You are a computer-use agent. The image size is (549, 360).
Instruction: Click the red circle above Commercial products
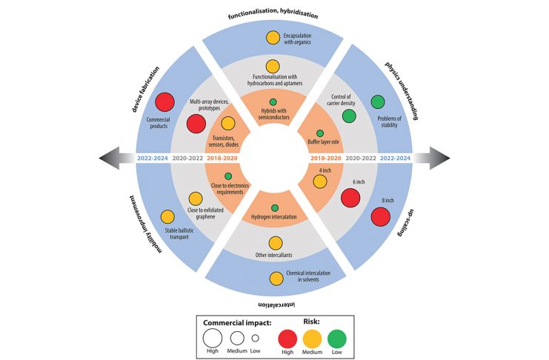click(165, 102)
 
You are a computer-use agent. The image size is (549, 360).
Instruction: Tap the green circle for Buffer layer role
click(320, 133)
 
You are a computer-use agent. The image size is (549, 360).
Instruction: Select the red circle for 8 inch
click(381, 217)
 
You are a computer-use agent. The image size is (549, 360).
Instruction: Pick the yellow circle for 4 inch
click(320, 181)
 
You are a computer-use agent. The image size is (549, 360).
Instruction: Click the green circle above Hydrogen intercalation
click(275, 208)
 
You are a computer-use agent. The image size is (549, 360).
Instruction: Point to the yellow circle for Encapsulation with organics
click(273, 38)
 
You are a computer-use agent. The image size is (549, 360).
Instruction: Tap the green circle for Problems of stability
click(378, 102)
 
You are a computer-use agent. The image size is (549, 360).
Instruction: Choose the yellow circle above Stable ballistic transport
click(167, 217)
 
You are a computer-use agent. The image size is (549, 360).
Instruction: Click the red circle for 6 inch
click(350, 198)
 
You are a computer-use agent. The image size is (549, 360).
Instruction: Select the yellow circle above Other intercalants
click(276, 244)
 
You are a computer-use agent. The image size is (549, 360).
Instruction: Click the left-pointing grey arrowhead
click(109, 158)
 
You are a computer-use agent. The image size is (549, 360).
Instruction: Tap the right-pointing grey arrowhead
click(440, 158)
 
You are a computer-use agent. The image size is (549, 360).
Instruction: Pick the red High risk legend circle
click(287, 339)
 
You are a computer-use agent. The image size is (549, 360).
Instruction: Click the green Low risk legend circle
click(337, 339)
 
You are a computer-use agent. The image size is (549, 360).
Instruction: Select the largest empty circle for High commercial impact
click(213, 339)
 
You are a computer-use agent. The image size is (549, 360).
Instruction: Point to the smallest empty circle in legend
click(256, 339)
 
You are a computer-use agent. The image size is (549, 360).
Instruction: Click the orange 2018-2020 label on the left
click(222, 159)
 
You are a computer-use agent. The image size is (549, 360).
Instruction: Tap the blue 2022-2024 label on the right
click(395, 159)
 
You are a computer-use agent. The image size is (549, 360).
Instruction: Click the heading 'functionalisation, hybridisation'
click(273, 13)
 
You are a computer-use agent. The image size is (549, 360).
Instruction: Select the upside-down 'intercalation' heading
click(276, 304)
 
